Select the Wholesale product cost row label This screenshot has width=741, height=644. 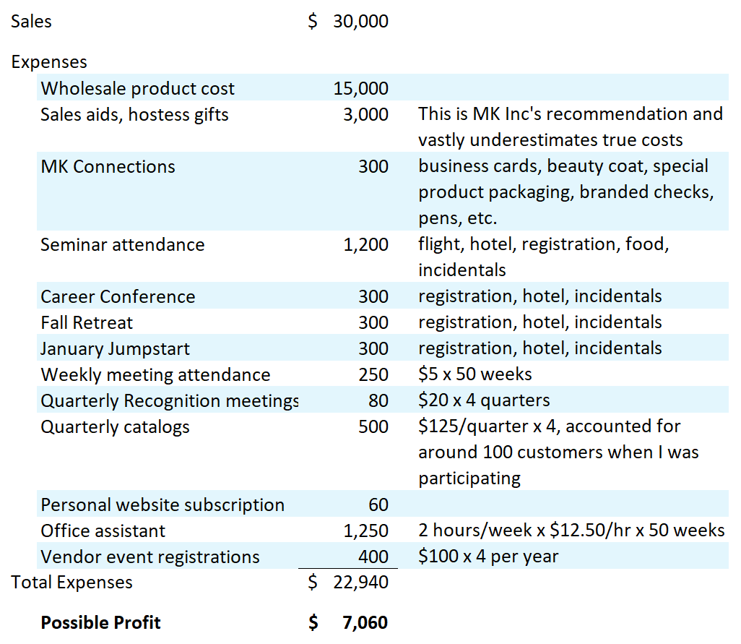pos(137,89)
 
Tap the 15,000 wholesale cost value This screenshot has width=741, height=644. pos(360,89)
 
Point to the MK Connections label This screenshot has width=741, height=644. pos(108,166)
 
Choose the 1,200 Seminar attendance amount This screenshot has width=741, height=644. pos(365,244)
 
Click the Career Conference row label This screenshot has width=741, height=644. pos(118,296)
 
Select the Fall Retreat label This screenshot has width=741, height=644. pos(87,322)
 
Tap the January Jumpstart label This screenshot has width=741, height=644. pos(115,348)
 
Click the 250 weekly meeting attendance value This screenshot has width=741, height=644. pos(373,374)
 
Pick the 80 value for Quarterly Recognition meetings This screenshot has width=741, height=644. pos(378,400)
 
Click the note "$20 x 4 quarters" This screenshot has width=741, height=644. pos(484,400)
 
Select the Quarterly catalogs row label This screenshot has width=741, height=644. pos(115,426)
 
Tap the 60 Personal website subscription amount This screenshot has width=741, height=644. pos(378,505)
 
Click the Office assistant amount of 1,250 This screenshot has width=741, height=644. pos(365,531)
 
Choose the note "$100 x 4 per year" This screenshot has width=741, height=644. pos(488,557)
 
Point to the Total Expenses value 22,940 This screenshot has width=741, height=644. pos(360,583)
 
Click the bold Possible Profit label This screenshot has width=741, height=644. pos(100,623)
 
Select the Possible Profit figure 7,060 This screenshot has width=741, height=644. pos(365,623)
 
